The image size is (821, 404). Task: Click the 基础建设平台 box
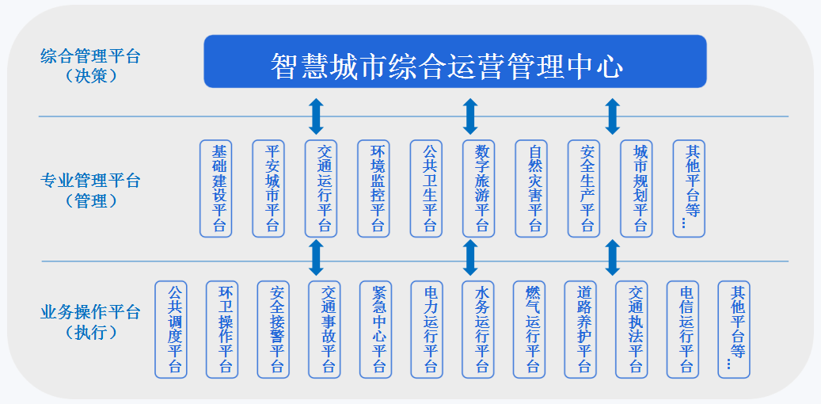coord(219,189)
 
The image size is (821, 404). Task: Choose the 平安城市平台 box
coord(272,189)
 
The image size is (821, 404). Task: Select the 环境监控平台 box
coord(378,189)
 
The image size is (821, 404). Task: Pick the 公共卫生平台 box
coord(430,189)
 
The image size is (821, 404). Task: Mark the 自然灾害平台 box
coord(535,189)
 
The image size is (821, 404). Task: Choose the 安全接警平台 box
coord(277,329)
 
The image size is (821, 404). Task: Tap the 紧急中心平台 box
coord(379,329)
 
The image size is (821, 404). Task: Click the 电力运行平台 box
coord(431,329)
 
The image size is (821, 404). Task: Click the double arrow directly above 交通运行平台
coord(316,116)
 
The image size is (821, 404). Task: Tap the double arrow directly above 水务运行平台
coord(470,257)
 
